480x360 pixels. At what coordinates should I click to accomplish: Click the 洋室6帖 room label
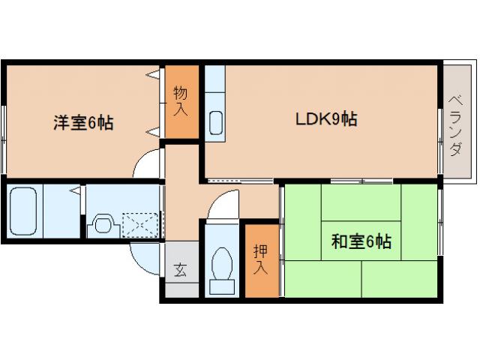coord(82,123)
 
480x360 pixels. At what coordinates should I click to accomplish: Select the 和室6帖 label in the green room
coord(361,241)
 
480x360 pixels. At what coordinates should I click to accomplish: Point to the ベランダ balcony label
coord(455,124)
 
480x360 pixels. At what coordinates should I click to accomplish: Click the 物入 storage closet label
coord(181,101)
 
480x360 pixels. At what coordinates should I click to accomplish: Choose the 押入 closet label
coord(259,259)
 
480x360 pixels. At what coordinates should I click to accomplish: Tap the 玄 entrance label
coord(181,270)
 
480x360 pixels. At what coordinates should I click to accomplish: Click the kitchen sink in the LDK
coord(215,121)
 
